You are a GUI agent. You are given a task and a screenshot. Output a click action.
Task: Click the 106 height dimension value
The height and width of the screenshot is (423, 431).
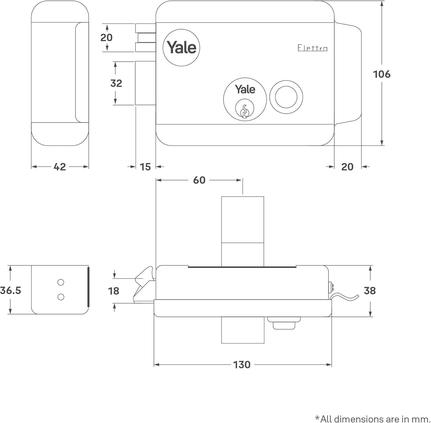[x=382, y=74]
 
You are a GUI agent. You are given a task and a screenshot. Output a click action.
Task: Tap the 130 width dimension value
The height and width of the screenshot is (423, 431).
[x=242, y=365]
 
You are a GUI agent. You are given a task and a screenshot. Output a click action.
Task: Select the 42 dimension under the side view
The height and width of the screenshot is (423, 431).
[x=59, y=167]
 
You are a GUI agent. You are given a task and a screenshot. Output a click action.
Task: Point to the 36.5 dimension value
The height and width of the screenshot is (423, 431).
[x=11, y=290]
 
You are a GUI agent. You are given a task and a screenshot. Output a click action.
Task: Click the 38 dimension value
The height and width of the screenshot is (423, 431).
[x=370, y=291]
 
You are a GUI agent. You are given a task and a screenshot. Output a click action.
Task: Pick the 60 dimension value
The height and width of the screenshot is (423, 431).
[x=199, y=180]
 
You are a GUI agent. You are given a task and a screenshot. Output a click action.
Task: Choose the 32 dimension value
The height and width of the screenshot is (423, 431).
[x=116, y=83]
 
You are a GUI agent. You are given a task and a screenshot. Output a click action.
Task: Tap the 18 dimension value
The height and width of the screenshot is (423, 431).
[x=113, y=291]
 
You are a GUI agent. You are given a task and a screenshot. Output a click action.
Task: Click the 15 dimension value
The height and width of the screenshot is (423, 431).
[x=145, y=167]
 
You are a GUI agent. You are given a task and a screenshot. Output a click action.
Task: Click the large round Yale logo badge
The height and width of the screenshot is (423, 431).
[x=181, y=47]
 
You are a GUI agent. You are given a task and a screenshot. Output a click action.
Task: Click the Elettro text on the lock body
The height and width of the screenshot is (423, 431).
[x=312, y=48]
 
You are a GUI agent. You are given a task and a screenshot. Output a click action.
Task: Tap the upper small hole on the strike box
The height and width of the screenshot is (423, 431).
[x=61, y=283]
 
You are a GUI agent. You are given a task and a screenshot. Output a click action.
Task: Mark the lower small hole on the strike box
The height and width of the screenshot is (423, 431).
[x=61, y=297]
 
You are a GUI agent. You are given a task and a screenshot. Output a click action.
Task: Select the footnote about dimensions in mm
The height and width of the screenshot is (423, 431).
[x=372, y=419]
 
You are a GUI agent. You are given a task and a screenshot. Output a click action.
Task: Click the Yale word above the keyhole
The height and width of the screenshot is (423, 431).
[x=245, y=89]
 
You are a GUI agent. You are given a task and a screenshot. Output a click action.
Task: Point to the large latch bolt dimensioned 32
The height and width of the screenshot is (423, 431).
[x=145, y=83]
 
